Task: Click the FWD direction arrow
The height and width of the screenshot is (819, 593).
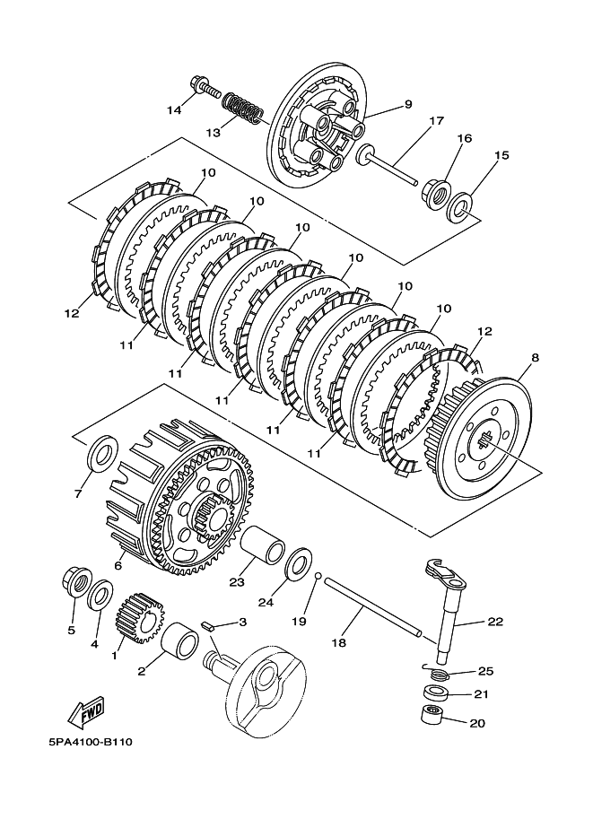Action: point(87,712)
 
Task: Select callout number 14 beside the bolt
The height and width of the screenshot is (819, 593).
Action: point(174,109)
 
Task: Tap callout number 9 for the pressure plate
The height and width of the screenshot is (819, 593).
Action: point(407,104)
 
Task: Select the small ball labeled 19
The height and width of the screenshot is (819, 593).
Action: point(317,576)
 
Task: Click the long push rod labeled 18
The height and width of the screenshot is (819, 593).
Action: point(373,606)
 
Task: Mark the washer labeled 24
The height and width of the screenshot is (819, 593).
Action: point(299,563)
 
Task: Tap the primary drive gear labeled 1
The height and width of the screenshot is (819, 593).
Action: point(139,617)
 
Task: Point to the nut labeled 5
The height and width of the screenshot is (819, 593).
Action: point(76,582)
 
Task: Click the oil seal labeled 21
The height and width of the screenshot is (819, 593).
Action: point(435,693)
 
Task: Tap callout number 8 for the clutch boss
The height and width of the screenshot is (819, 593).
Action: point(535,358)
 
